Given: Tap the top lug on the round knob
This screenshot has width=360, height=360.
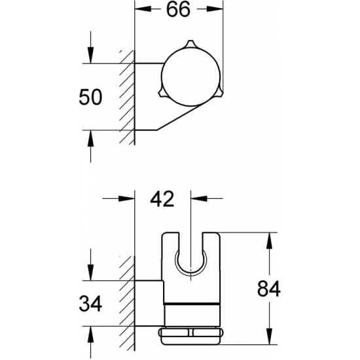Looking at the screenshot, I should (190, 43).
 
